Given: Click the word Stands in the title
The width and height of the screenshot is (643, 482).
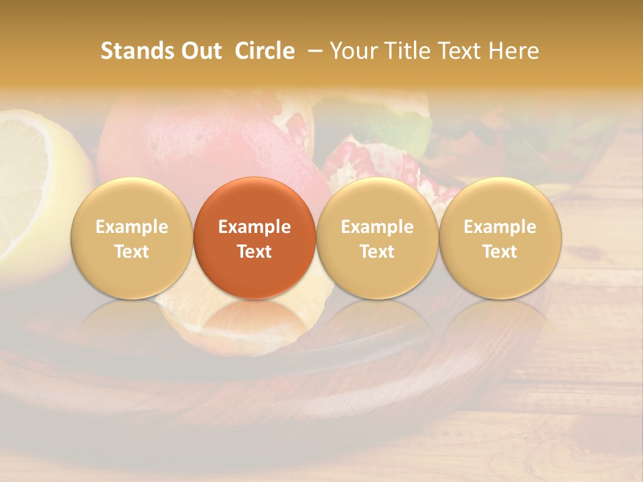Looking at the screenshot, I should (137, 51).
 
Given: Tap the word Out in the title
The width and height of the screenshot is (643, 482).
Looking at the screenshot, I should (200, 51).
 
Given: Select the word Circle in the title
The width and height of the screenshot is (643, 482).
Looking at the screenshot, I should (265, 51).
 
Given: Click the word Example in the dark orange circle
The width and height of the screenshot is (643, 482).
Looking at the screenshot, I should (255, 227).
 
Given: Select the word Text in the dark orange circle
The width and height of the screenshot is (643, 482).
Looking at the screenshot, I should (255, 252).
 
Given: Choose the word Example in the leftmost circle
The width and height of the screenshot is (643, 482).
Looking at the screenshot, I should (132, 227).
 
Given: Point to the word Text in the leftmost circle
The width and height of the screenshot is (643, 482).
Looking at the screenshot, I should (132, 252).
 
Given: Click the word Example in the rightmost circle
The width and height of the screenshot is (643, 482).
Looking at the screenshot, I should (500, 227).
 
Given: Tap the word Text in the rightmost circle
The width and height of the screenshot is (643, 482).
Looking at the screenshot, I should (500, 252).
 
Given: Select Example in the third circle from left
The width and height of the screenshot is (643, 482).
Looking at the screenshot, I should (377, 227).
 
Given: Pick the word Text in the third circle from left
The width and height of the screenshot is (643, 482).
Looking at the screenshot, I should (377, 252).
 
